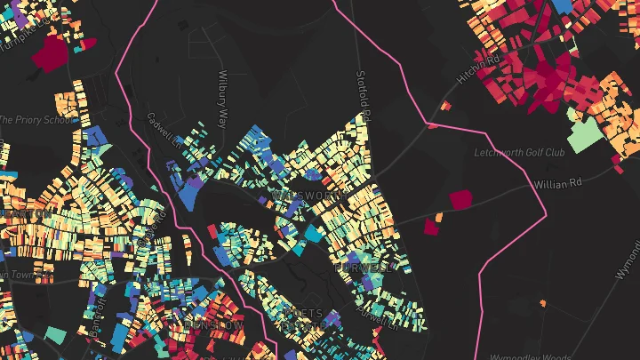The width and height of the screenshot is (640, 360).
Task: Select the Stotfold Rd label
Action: tap(362, 96)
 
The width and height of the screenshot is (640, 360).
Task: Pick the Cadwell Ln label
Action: tap(164, 130)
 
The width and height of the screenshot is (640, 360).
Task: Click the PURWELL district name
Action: tap(362, 267)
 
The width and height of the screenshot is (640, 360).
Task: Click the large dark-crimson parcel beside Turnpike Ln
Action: tap(50, 54)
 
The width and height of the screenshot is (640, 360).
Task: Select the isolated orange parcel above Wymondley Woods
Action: tap(542, 304)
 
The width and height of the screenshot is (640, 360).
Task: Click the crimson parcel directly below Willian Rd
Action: tap(460, 200)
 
